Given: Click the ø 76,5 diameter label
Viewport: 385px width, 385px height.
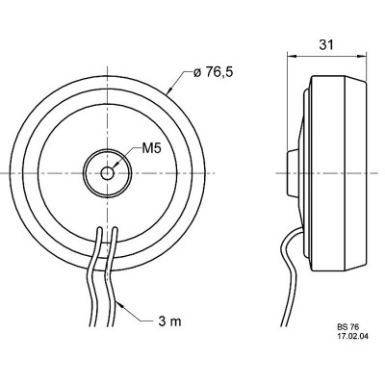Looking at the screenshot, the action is coord(213,72).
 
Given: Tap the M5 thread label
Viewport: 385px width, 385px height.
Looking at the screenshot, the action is coord(150,148).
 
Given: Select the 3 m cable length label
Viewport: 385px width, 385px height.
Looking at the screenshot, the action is coord(169,321).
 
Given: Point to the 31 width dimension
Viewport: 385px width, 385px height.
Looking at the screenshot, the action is coord(326,45).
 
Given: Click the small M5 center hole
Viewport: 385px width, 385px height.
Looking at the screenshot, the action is coord(107,173).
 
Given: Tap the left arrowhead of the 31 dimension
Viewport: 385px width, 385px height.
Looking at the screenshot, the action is coord(292,56).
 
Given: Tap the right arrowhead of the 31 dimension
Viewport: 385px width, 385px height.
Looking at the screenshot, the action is coord(361,56).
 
